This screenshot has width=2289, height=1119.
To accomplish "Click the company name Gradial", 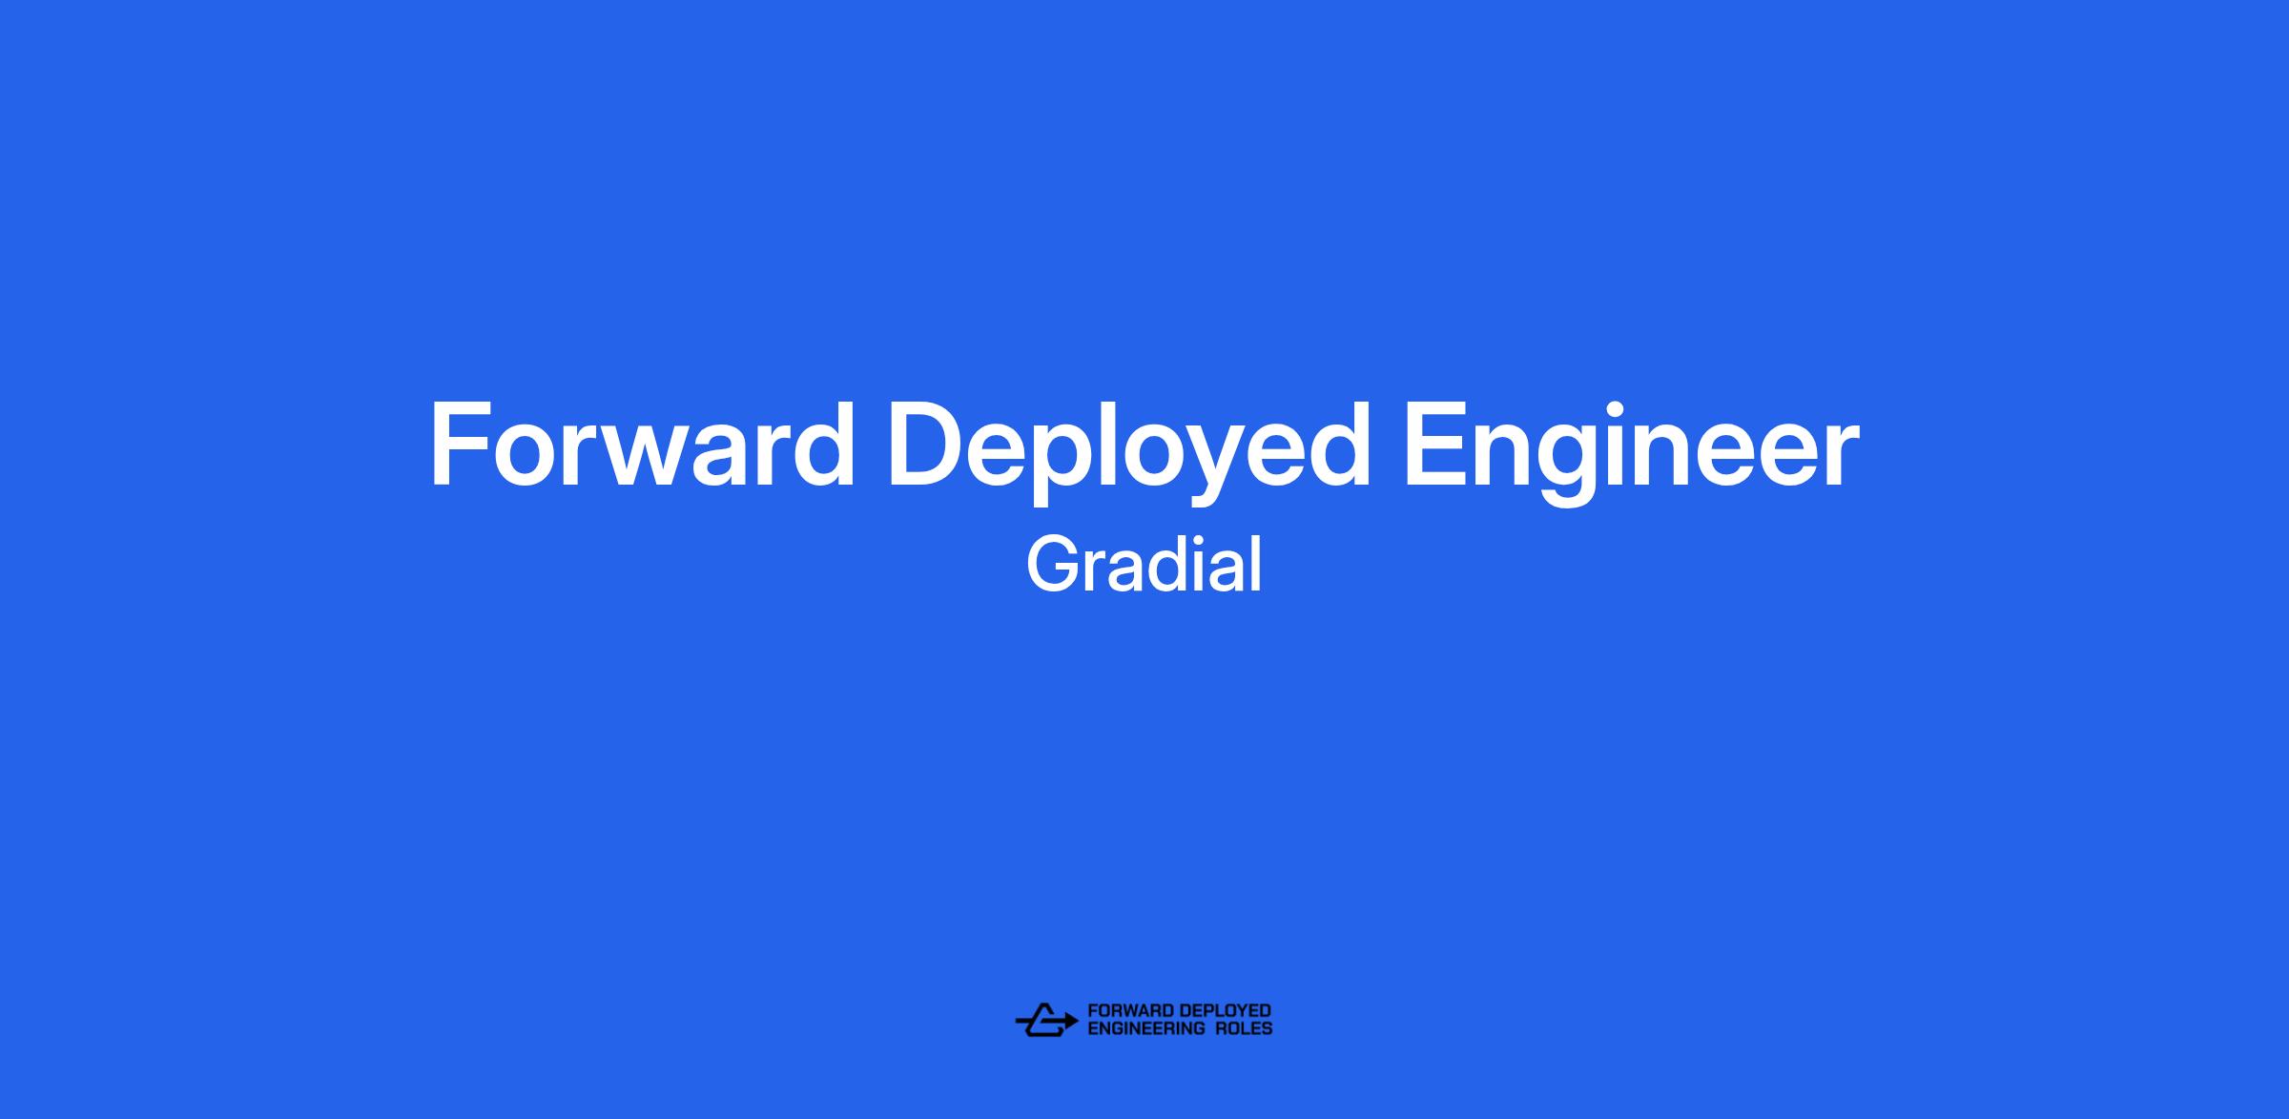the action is pos(1144,565).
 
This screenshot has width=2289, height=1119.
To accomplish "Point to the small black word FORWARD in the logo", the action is pos(1130,1010).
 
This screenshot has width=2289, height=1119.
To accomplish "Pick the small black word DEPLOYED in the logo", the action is pos(1226,1010).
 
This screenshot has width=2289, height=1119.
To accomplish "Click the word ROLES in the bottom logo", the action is pos(1245,1028).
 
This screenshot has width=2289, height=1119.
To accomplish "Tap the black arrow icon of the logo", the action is pos(1046,1020).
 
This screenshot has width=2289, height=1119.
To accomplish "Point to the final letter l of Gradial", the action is pos(1257,565).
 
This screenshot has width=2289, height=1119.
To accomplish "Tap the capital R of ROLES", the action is pos(1223,1028).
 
